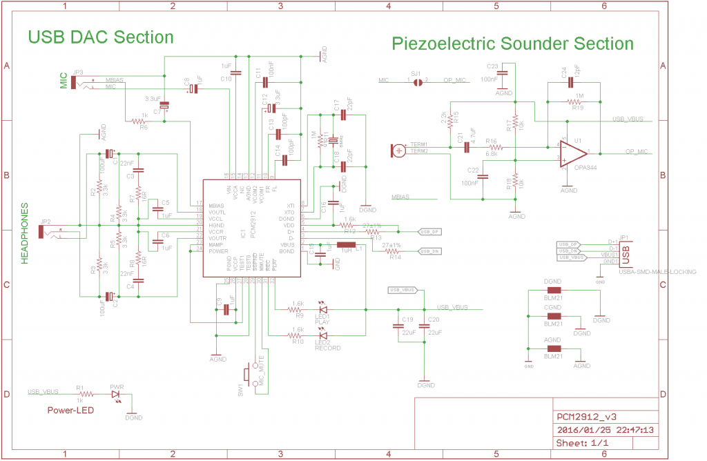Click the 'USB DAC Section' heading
pos(100,37)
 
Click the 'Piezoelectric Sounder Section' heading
pos(512,44)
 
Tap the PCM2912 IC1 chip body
pos(252,228)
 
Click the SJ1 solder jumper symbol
pos(417,81)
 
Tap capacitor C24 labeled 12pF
pos(571,81)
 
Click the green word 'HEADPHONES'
pos(24,233)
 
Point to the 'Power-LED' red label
pos(71,411)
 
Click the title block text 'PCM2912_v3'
pos(586,417)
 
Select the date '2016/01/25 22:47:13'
pos(605,430)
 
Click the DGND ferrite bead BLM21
pos(553,291)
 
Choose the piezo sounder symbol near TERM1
pos(399,148)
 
